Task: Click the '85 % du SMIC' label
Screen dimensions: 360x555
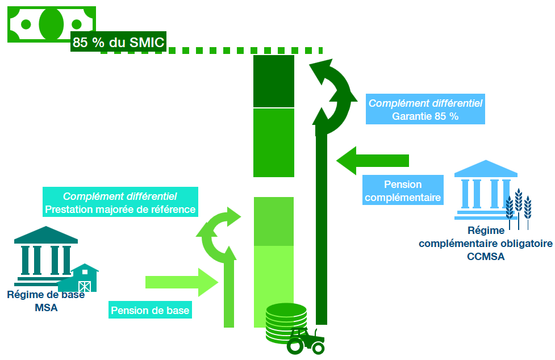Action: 118,41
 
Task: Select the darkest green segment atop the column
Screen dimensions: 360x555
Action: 273,81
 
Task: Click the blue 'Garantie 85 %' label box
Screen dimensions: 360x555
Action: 425,109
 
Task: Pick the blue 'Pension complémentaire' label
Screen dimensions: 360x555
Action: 403,191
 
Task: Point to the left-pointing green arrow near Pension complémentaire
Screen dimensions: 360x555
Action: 373,160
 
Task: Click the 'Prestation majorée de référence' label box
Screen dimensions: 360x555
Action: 120,202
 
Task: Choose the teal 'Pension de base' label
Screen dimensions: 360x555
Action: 150,311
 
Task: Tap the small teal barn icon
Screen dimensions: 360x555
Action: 80,278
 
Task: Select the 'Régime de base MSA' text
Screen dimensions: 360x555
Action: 45,302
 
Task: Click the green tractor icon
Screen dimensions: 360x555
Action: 306,341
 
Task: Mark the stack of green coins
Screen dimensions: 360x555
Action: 285,322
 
